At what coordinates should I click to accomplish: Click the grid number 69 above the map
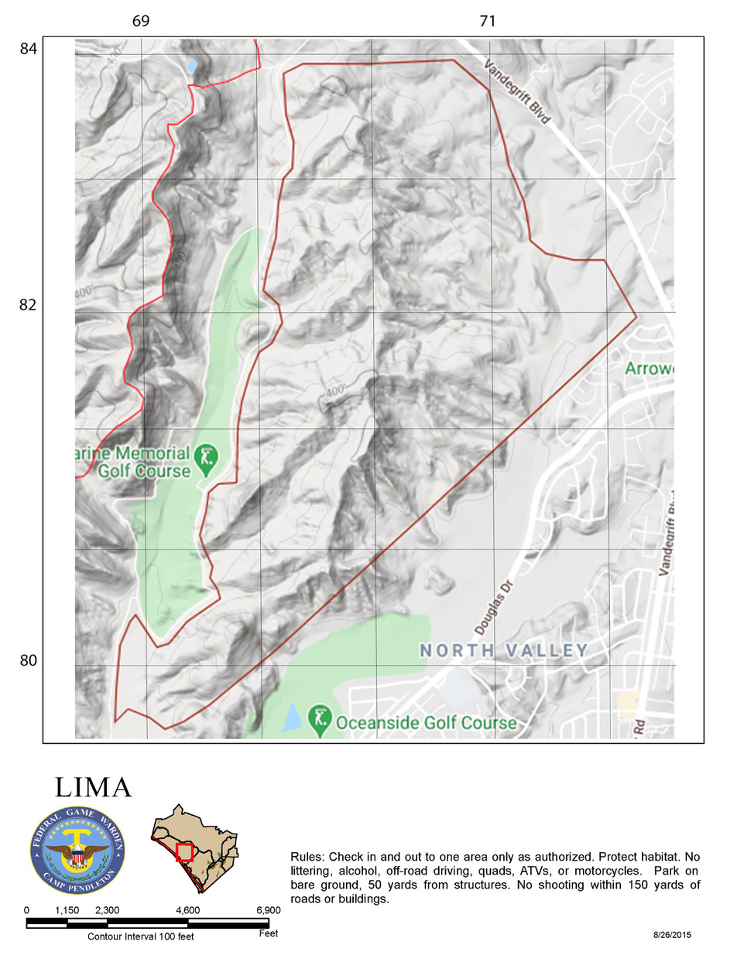(x=141, y=21)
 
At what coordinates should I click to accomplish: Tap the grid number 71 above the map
(x=487, y=21)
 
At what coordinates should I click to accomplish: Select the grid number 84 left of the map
(x=29, y=49)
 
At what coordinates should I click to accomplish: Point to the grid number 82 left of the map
(x=29, y=305)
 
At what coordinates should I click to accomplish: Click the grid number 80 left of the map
(x=29, y=660)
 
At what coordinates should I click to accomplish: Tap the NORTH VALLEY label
(x=504, y=651)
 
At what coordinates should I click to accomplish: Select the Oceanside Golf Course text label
(x=426, y=723)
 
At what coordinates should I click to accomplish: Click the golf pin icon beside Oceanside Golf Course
(x=320, y=720)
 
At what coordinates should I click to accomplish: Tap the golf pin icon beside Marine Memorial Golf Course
(x=206, y=457)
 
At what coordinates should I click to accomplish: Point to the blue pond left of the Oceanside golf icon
(x=291, y=718)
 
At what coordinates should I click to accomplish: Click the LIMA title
(x=94, y=788)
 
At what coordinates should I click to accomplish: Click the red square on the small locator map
(x=184, y=853)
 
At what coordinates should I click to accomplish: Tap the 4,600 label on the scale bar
(x=187, y=911)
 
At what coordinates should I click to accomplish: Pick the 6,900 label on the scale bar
(x=268, y=911)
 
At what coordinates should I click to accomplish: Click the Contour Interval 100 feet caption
(x=140, y=936)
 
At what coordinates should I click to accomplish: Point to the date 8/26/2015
(x=672, y=935)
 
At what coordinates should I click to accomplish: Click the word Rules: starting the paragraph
(x=307, y=858)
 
